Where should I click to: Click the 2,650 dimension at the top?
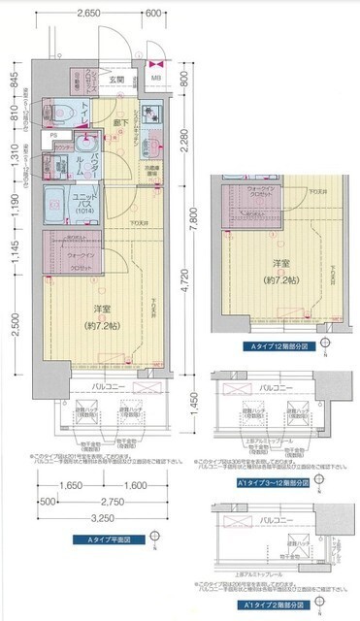point(88,14)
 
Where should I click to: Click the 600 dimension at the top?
point(152,14)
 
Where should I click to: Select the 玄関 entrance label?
point(116,80)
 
